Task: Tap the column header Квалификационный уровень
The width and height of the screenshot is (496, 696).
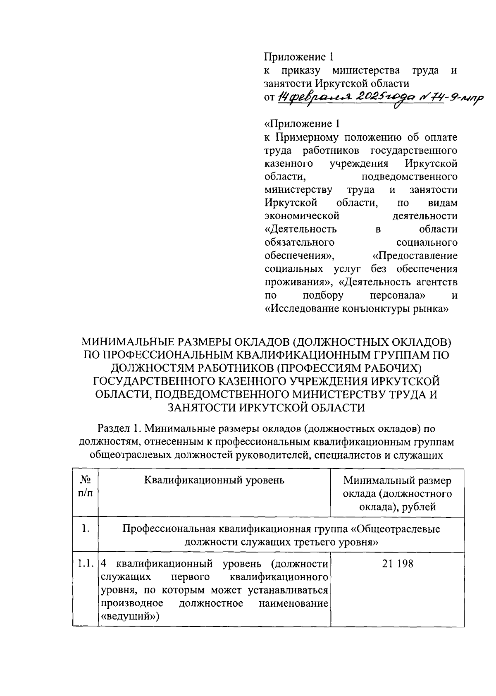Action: point(214,480)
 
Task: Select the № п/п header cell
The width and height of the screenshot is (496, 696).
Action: point(85,487)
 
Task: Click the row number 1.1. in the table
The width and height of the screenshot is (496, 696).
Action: point(85,564)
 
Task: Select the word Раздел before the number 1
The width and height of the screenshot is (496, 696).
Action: point(113,428)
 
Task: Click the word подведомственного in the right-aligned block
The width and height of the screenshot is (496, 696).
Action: point(409,177)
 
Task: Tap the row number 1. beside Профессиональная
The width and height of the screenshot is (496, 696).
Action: point(85,529)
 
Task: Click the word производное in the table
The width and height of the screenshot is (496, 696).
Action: point(131,603)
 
